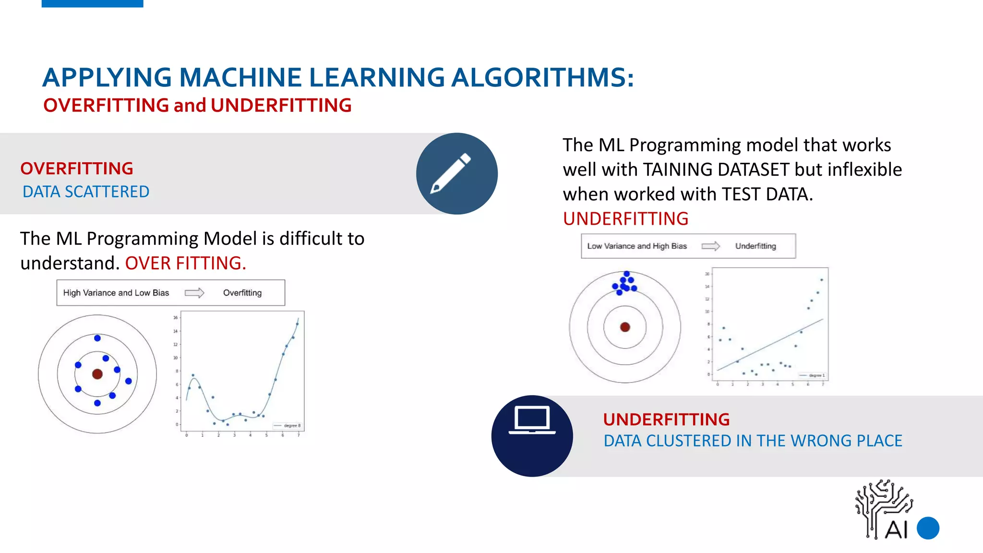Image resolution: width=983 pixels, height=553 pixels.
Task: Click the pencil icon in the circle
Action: (x=451, y=173)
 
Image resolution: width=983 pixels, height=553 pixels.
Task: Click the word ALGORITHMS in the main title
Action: (x=542, y=77)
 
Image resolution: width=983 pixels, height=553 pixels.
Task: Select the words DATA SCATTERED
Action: (x=86, y=192)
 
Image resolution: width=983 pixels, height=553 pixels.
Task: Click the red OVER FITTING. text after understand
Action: (x=186, y=264)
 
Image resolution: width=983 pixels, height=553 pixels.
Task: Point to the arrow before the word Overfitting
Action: (x=194, y=293)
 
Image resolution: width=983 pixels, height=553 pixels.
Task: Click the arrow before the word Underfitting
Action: (x=710, y=246)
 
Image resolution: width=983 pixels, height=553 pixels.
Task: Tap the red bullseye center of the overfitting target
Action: (x=97, y=374)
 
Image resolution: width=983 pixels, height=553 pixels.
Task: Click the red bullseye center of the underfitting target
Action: (x=625, y=327)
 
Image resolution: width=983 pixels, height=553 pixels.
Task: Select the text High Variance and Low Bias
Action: (x=116, y=293)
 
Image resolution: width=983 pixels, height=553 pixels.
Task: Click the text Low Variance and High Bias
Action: (x=637, y=246)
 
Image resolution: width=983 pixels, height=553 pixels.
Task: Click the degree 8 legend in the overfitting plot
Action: (x=288, y=426)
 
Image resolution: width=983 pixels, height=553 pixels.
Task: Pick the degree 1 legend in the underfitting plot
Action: (x=813, y=375)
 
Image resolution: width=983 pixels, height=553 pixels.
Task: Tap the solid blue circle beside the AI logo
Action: (x=928, y=528)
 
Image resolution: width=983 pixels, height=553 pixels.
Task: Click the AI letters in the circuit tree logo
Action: (x=896, y=530)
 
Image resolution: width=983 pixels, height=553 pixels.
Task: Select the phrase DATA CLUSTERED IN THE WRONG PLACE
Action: (x=753, y=441)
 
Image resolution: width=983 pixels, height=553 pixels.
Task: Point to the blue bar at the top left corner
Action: (x=93, y=3)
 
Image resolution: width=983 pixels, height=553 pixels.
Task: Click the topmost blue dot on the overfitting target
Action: (x=97, y=338)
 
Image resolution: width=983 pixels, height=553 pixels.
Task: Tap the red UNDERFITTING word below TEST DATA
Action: (x=625, y=219)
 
